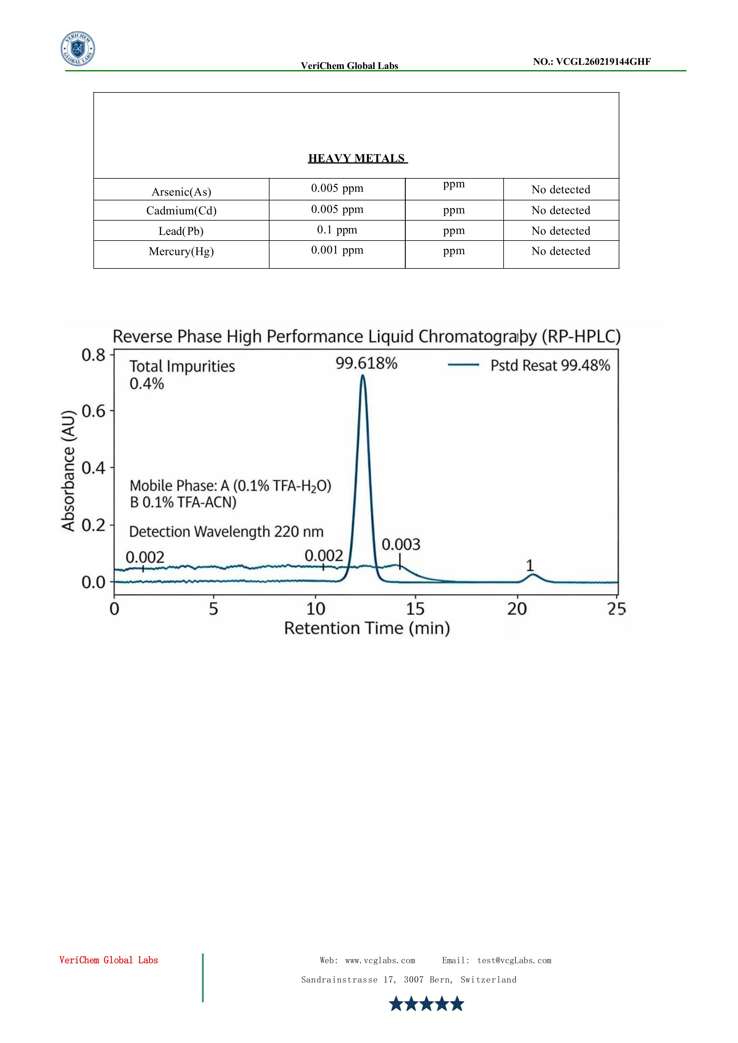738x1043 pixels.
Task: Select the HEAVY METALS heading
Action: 357,158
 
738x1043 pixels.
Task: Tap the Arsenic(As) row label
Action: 181,192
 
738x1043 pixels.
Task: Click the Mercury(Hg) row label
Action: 181,251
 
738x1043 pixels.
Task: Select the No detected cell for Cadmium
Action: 561,210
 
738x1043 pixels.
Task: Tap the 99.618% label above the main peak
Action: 366,363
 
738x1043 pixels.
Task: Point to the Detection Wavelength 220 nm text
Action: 226,532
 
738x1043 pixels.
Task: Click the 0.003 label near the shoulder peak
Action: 401,544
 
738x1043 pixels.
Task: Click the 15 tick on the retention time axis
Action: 415,609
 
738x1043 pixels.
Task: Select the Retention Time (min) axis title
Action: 367,628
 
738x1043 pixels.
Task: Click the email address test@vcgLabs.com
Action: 514,961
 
